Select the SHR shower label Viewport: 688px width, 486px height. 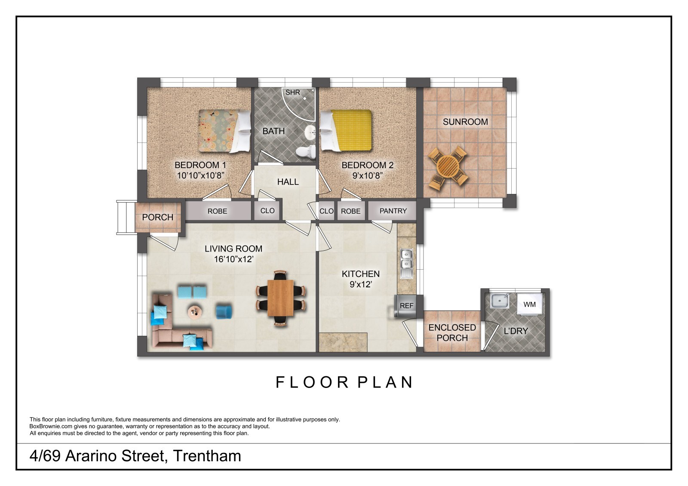pyautogui.click(x=293, y=92)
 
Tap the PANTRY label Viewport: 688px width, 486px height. pyautogui.click(x=393, y=211)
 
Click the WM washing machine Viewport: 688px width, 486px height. pyautogui.click(x=529, y=305)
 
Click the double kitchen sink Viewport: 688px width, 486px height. pyautogui.click(x=406, y=264)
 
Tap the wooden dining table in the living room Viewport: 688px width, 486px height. pyautogui.click(x=281, y=298)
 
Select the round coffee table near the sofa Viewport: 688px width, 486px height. pyautogui.click(x=195, y=312)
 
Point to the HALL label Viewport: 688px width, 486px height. pyautogui.click(x=288, y=182)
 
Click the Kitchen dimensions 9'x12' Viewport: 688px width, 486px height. pyautogui.click(x=361, y=284)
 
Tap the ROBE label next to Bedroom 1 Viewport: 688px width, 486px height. pyautogui.click(x=217, y=211)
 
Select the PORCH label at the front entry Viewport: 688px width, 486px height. pyautogui.click(x=157, y=218)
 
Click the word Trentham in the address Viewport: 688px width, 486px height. pyautogui.click(x=207, y=456)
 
